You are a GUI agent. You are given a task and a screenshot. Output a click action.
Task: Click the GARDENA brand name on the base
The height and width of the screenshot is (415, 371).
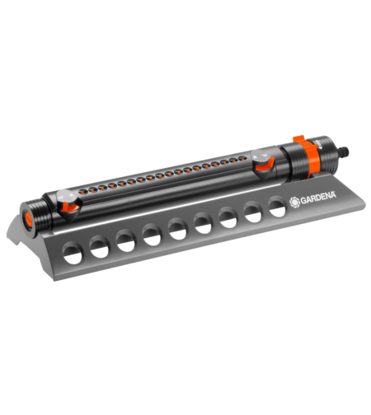pos(318,198)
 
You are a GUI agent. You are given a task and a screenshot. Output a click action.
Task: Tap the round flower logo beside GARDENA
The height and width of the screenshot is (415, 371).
pos(294,203)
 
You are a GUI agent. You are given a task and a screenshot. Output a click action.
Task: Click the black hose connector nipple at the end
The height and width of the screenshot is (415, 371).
pos(343,152)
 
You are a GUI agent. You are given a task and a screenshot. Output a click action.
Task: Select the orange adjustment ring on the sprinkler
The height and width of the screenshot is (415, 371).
pos(309,155)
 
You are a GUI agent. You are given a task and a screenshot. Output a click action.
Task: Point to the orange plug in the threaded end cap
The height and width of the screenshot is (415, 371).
pos(29,219)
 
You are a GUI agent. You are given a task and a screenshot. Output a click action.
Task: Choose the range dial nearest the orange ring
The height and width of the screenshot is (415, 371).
pos(262,164)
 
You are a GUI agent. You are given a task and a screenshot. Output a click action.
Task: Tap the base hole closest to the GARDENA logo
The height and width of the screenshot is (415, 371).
pos(277,207)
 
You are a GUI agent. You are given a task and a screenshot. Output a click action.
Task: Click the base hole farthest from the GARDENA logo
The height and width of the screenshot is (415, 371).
pos(73,253)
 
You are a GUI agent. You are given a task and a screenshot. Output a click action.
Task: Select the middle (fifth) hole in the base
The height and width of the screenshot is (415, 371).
pos(177,229)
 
